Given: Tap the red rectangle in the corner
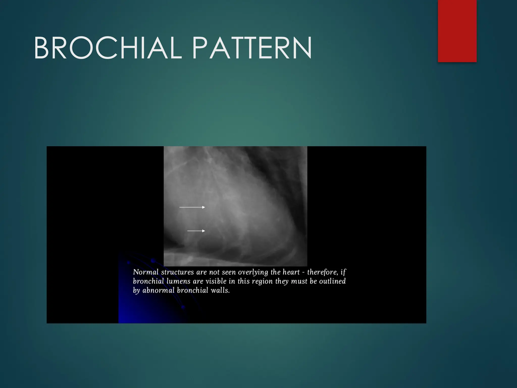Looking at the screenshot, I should (x=457, y=31).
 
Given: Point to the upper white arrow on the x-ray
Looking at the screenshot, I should (x=192, y=207).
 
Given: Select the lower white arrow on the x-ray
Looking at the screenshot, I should (x=196, y=231).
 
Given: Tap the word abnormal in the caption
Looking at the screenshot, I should (x=158, y=290).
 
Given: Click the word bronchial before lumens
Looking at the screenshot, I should (x=148, y=281).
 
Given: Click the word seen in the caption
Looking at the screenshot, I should (x=229, y=272).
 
